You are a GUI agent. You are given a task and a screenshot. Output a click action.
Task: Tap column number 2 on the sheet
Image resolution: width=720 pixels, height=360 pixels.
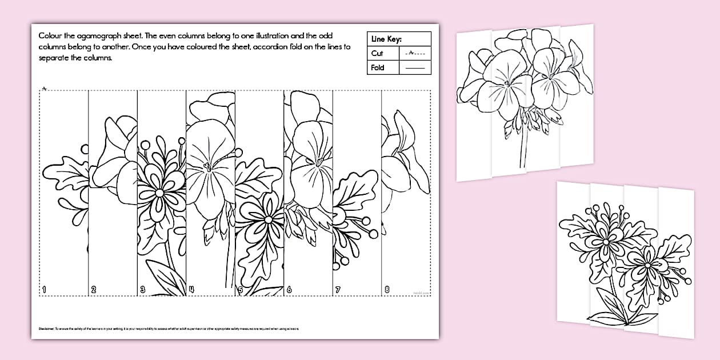94,290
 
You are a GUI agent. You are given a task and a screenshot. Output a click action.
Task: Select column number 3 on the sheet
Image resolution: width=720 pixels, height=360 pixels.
143,290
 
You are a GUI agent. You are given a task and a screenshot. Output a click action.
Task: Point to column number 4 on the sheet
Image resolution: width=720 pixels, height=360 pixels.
191,290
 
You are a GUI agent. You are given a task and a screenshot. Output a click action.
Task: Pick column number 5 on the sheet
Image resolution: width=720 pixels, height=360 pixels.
241,290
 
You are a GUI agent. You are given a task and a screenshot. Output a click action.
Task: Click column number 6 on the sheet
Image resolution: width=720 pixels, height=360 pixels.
289,290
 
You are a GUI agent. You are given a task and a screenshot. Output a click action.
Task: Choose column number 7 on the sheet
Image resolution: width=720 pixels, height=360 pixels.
338,290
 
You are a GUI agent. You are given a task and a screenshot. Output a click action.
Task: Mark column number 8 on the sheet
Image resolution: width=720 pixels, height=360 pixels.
387,290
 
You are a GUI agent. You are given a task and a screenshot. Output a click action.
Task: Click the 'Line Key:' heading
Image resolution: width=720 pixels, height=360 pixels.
386,39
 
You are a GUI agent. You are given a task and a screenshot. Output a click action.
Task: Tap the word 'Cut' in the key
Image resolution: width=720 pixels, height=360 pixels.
377,53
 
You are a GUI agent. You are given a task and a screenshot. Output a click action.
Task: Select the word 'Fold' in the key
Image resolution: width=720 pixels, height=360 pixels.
378,67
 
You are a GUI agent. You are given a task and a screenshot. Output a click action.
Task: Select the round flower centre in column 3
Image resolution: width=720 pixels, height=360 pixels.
159,193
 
